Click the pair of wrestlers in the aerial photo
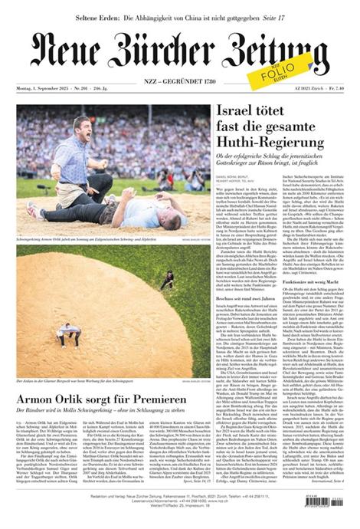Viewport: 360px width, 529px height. click(68, 332)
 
